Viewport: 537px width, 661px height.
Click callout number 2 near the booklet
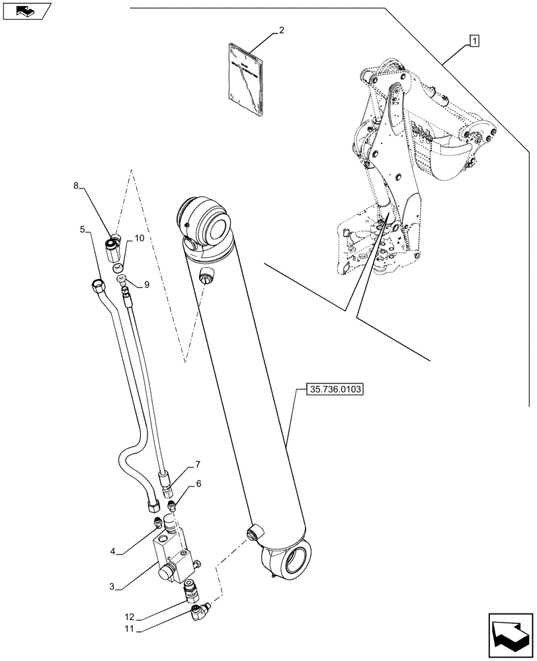(x=281, y=30)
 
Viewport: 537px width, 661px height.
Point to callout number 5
(x=83, y=229)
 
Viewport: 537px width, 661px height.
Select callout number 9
(x=146, y=285)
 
